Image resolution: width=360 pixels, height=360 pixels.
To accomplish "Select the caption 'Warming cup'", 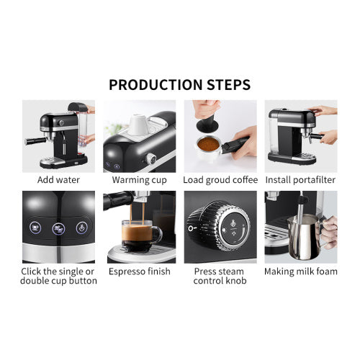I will coord(139,179).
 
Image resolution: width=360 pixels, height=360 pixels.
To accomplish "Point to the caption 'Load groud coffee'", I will coord(220,179).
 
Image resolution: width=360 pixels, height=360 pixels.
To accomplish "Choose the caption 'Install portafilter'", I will coord(301,179).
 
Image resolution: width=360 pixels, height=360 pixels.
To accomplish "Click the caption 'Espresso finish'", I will coord(140,271).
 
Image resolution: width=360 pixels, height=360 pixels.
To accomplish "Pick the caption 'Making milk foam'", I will coord(301,271).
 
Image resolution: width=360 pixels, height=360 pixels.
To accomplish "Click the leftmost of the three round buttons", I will coord(33,230).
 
